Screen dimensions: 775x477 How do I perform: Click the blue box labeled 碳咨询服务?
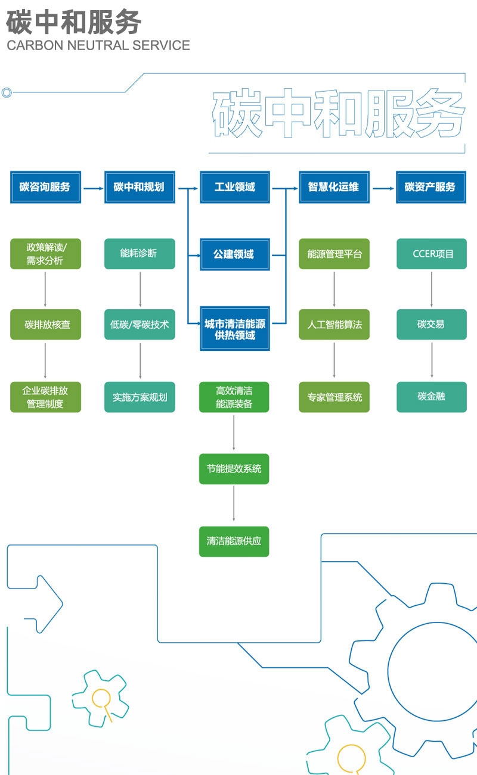tap(45, 187)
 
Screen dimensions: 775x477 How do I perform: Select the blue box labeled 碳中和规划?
tap(140, 187)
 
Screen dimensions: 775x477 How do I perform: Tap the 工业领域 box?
tap(234, 187)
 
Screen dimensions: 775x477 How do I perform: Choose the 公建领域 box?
tap(234, 254)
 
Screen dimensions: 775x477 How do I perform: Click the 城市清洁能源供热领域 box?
tap(234, 329)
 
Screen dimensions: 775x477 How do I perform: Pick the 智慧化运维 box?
tap(334, 187)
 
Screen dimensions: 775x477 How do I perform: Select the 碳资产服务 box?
tap(431, 187)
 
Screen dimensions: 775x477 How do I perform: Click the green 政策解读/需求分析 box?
tap(45, 254)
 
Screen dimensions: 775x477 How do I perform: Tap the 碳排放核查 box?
tap(45, 325)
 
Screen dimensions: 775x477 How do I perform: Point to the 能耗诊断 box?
tap(140, 254)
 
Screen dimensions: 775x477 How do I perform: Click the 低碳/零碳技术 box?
tap(140, 325)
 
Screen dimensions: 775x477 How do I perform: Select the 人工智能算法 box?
tap(334, 325)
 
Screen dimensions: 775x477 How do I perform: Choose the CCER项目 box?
tap(431, 254)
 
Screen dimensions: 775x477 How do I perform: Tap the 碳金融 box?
tap(431, 397)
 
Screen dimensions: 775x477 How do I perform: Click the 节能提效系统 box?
tap(234, 469)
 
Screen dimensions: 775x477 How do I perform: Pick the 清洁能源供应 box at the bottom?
tap(234, 541)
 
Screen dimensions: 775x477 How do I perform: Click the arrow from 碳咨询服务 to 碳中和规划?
tap(92, 188)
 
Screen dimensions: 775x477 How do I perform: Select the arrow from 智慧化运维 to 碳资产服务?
tap(383, 188)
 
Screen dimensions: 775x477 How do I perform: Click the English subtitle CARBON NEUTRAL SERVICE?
tap(98, 45)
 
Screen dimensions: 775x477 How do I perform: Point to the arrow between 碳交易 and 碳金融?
tap(432, 360)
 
